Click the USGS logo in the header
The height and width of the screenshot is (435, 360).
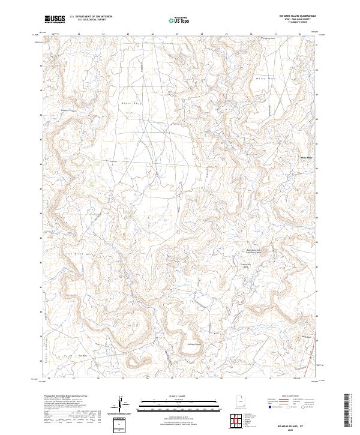[x=55, y=20]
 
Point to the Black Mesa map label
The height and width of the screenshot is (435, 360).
[x=130, y=103]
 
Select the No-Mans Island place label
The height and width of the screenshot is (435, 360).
[x=193, y=344]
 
